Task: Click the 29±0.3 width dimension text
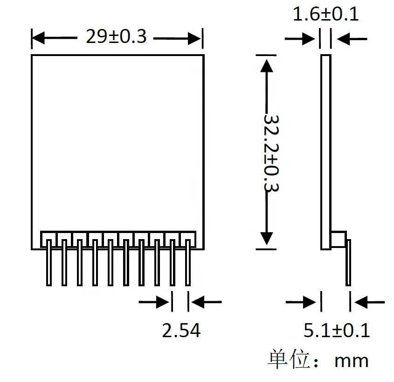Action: pos(116,36)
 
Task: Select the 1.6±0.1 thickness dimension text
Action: pos(325,14)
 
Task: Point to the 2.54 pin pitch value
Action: pos(181,331)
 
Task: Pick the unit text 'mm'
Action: pos(351,361)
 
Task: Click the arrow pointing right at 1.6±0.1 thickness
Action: pos(308,39)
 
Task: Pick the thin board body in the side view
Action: pos(326,149)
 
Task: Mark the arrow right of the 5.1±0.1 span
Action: pos(362,302)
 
